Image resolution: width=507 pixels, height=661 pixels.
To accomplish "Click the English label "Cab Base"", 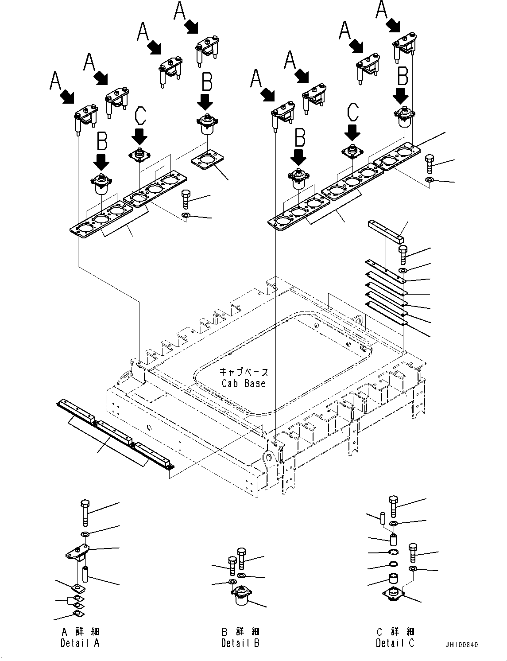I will (244, 383).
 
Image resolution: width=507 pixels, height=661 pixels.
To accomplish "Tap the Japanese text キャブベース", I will (244, 372).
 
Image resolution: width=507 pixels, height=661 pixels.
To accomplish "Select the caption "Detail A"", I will (80, 643).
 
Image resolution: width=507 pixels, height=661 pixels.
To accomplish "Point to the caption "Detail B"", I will (240, 643).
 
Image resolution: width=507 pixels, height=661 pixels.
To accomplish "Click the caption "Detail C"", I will (395, 643).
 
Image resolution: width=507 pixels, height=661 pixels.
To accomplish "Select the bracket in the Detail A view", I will (77, 551).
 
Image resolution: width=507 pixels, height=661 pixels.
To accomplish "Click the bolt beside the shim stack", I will (403, 255).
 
